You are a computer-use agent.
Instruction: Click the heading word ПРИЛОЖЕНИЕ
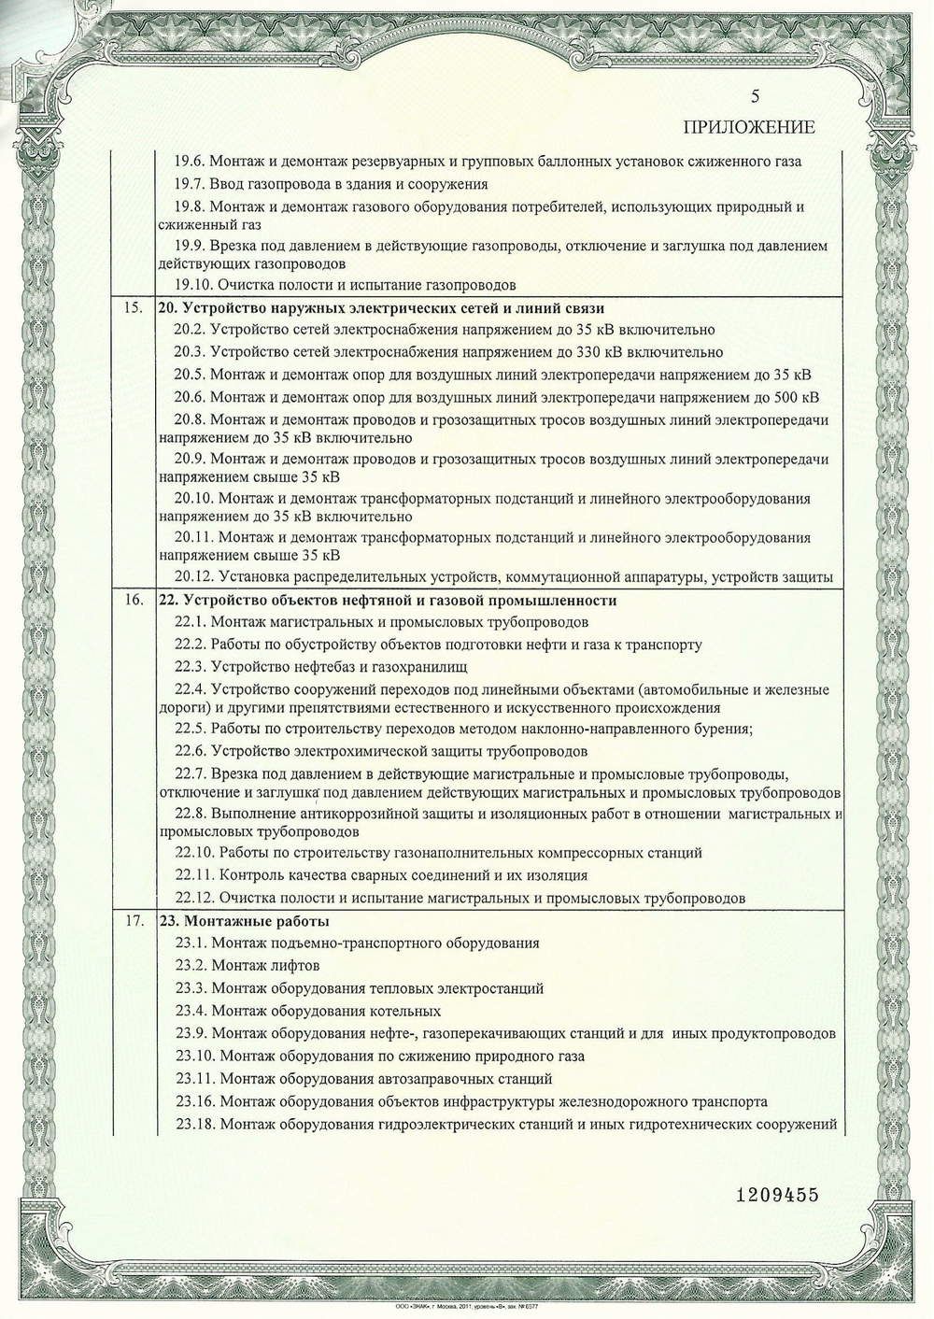pyautogui.click(x=749, y=127)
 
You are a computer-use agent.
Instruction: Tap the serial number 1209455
pyautogui.click(x=776, y=1195)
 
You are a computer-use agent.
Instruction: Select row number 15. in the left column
pyautogui.click(x=133, y=308)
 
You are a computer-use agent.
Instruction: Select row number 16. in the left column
pyautogui.click(x=133, y=600)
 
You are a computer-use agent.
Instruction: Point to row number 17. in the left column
pyautogui.click(x=133, y=921)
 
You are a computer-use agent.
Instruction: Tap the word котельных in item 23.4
pyautogui.click(x=403, y=1011)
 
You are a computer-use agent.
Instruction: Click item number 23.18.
pyautogui.click(x=194, y=1124)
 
